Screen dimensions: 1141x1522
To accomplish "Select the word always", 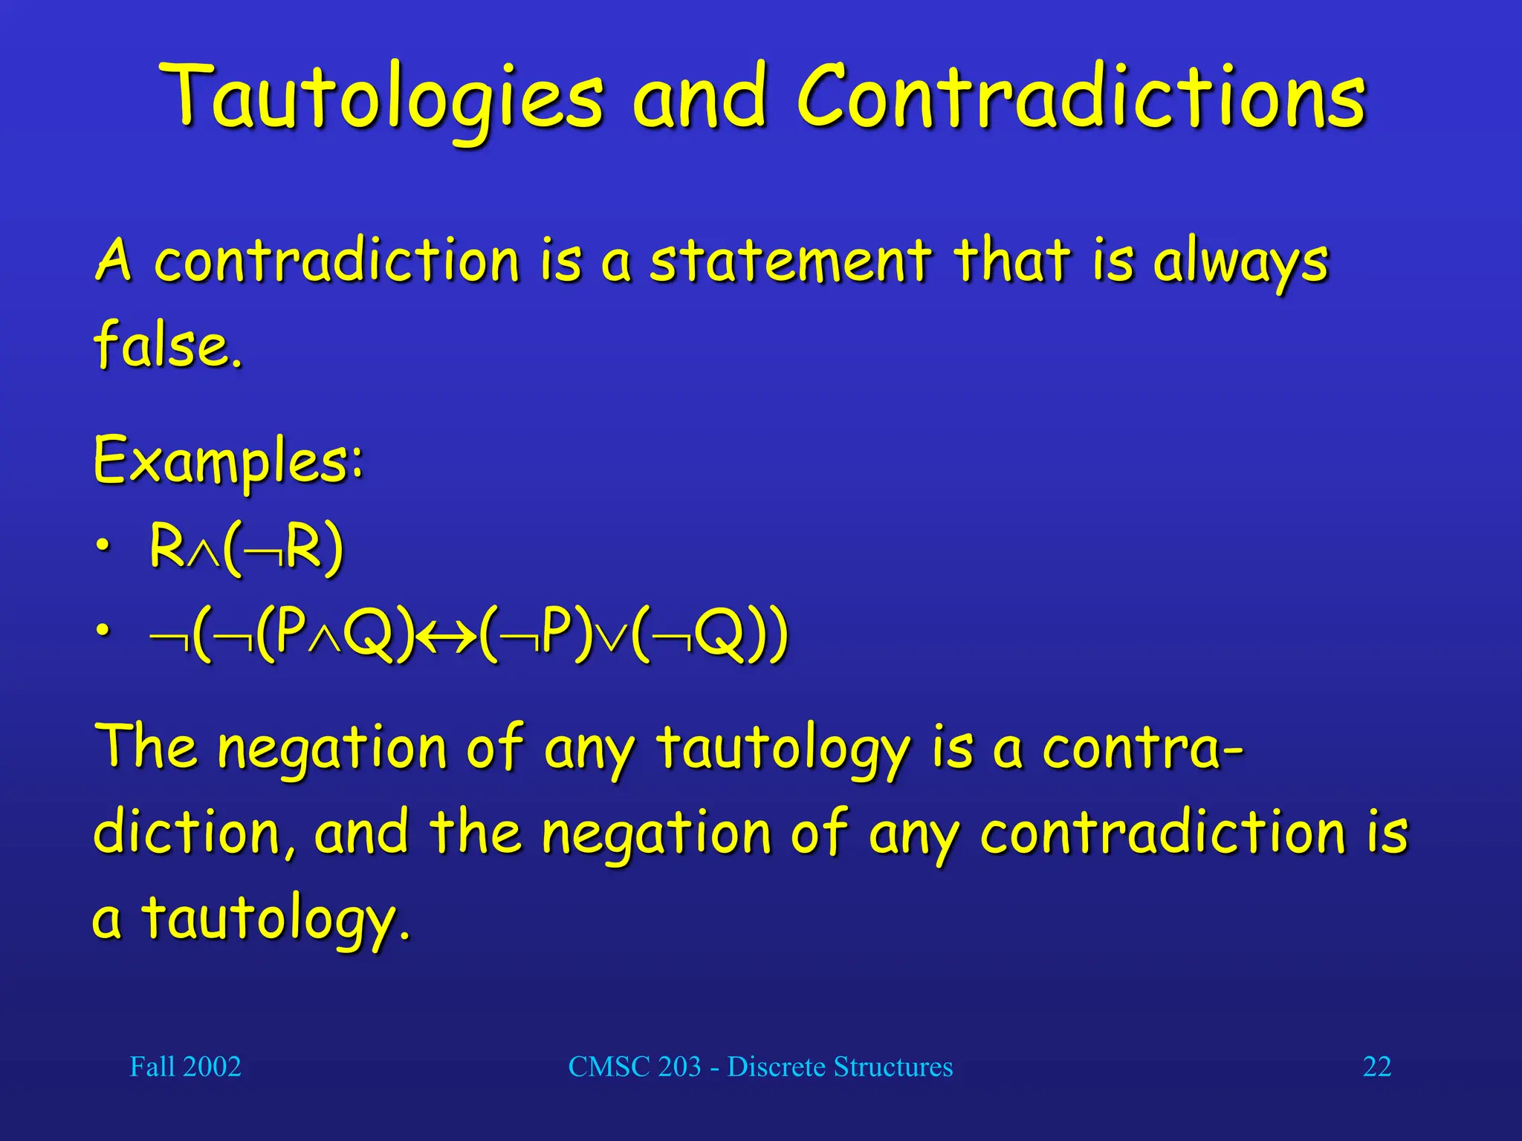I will coord(1240,263).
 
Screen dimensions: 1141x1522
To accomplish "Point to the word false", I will coord(168,345).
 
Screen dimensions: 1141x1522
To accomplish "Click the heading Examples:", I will coord(228,461).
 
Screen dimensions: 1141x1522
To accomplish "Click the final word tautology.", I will coord(275,918).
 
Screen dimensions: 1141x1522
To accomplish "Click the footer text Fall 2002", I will coord(185,1067).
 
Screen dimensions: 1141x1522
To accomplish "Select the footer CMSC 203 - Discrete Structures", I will coord(760,1067).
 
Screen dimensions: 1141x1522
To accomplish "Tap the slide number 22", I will coord(1376,1067).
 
